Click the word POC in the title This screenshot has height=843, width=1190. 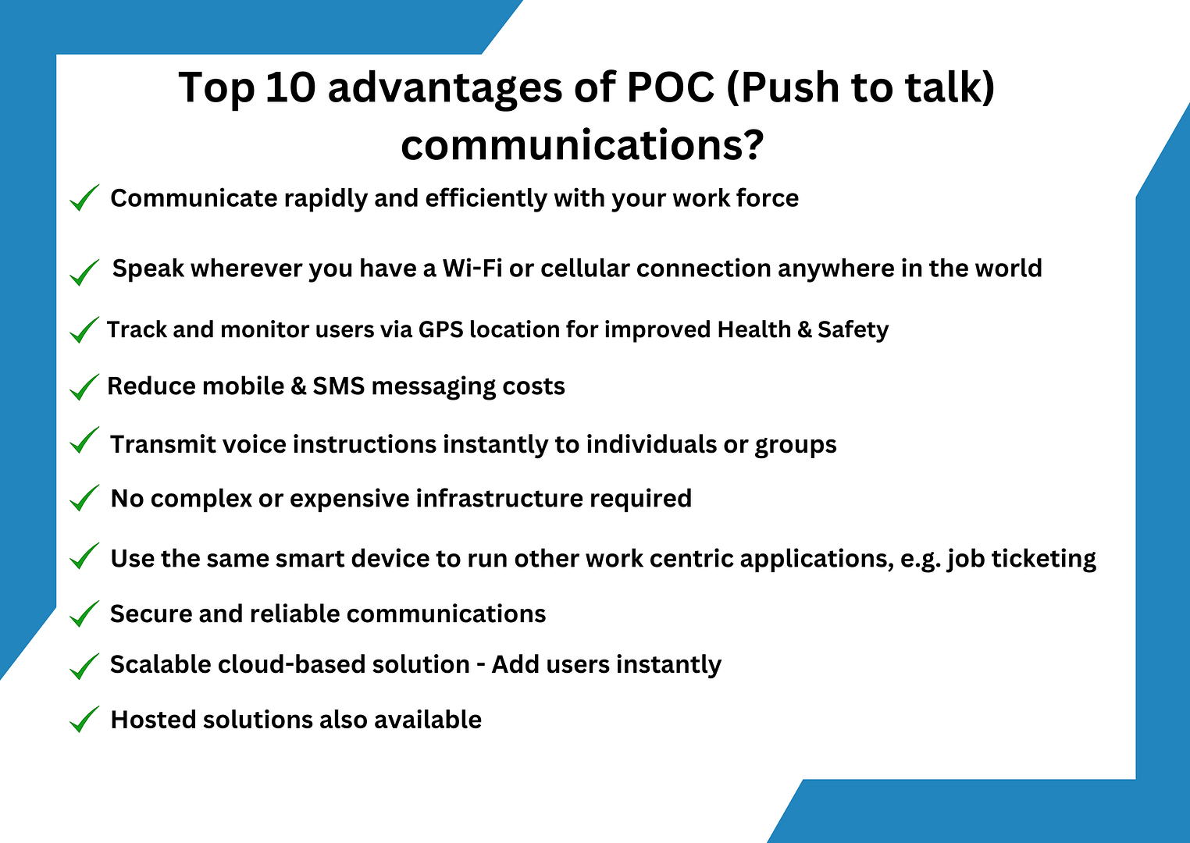click(x=671, y=87)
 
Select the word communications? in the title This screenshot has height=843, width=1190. click(x=582, y=145)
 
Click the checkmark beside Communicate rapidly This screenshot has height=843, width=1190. click(x=84, y=198)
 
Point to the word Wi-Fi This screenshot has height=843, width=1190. click(x=472, y=269)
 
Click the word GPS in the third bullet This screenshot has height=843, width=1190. click(x=440, y=330)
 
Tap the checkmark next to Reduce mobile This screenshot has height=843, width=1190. click(x=84, y=387)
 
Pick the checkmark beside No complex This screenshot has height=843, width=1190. click(x=84, y=498)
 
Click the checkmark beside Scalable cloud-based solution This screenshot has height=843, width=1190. click(x=84, y=666)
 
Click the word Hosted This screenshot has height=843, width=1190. click(x=153, y=720)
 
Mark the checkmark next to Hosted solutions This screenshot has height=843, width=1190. click(x=84, y=720)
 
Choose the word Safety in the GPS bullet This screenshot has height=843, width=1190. click(x=853, y=330)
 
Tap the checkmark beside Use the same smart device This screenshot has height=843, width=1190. click(x=84, y=557)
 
